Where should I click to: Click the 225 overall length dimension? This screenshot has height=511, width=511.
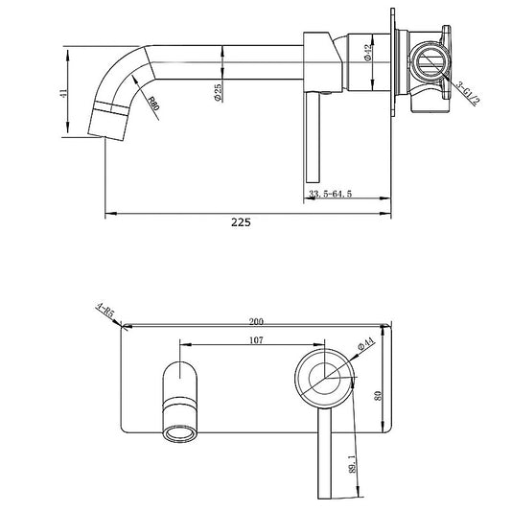(241, 221)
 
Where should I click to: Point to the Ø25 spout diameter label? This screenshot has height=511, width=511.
(219, 92)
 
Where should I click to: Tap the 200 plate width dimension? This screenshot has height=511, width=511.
(256, 321)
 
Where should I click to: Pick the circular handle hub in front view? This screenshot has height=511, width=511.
(323, 374)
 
